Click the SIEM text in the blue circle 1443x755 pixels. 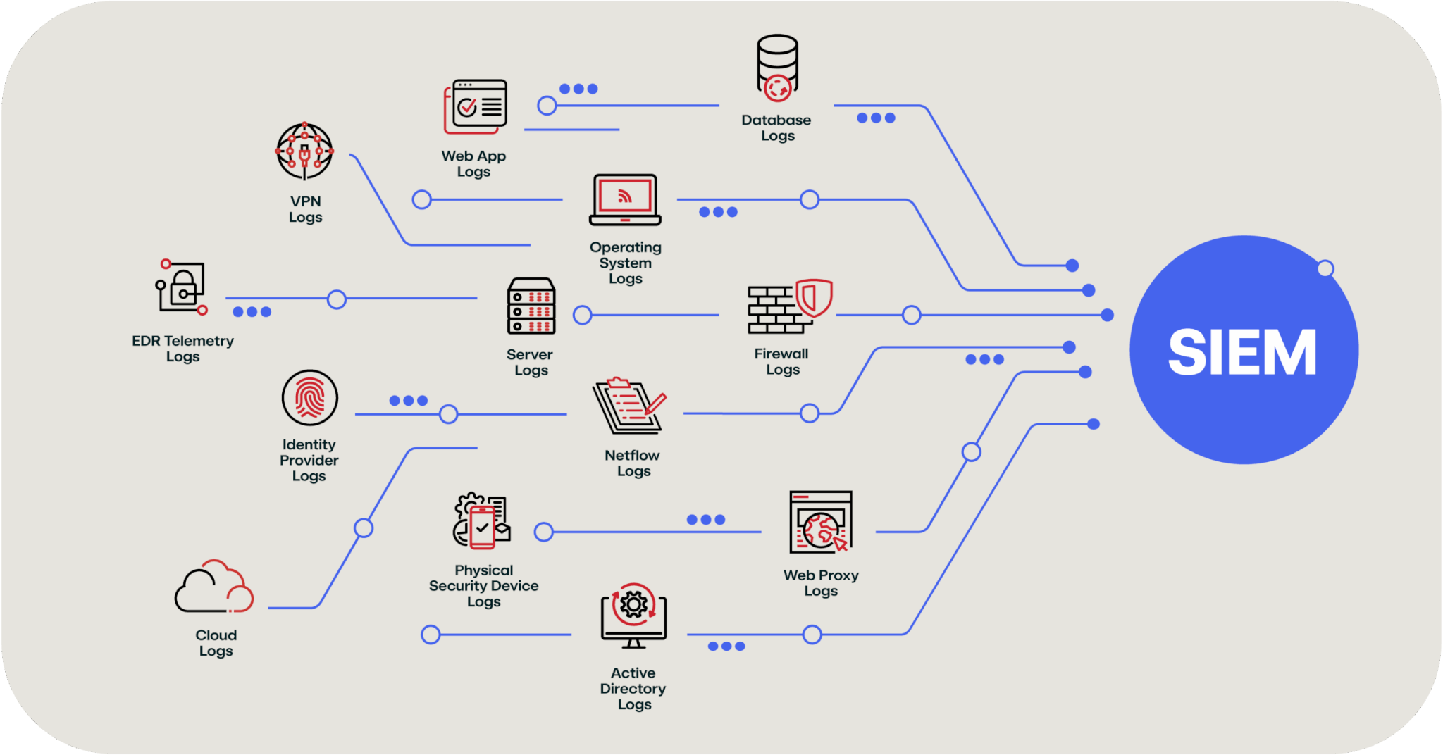point(1242,351)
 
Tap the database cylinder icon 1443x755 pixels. point(777,67)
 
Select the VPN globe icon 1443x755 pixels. point(304,151)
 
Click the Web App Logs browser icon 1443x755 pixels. point(476,106)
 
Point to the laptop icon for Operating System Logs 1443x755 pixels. point(625,200)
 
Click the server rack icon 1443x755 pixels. point(531,306)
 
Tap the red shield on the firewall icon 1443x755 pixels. point(814,298)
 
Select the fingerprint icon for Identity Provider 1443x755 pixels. point(309,397)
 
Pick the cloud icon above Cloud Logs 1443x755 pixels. point(214,587)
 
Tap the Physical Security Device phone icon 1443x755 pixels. point(483,525)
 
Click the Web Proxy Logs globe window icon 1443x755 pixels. point(820,523)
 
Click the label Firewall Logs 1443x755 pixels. point(782,361)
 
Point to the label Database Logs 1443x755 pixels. point(776,127)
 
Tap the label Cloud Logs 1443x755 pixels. point(216,642)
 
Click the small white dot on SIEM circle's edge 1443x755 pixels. point(1325,268)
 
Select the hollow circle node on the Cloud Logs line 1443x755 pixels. point(364,528)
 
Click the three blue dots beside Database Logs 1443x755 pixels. point(876,118)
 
